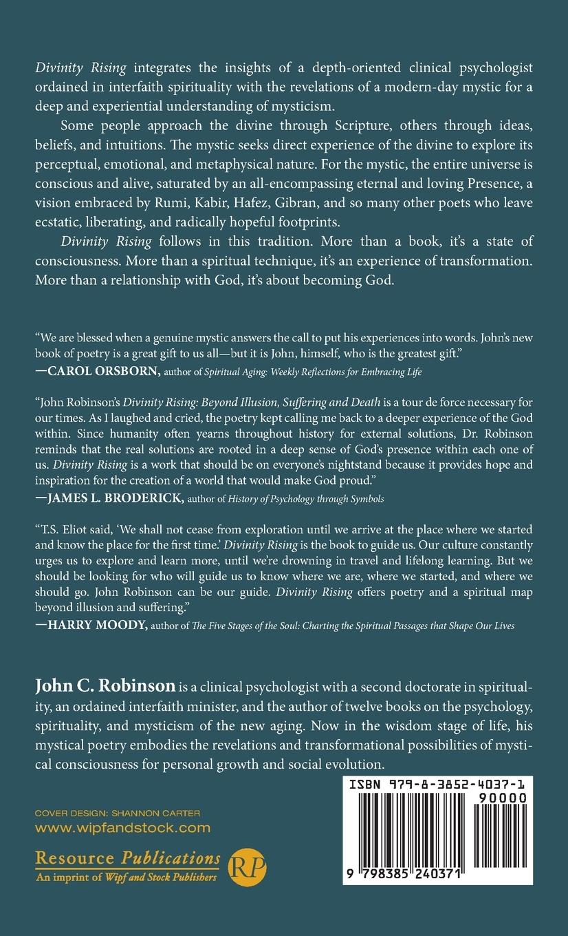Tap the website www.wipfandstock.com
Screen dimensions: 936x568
(x=122, y=828)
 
